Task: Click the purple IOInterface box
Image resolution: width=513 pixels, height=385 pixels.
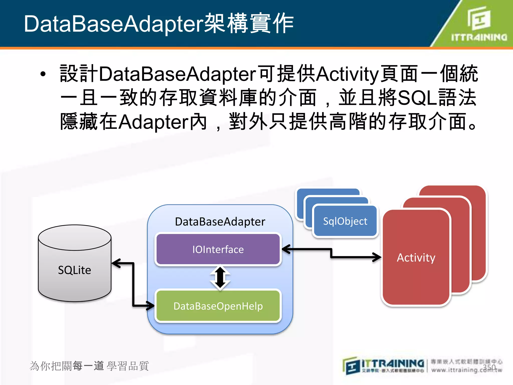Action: tap(218, 249)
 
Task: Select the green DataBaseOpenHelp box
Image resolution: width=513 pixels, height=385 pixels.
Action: tap(218, 306)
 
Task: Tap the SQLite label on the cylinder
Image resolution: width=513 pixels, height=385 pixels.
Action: tap(74, 270)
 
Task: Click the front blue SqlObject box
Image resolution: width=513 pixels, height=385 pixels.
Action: tap(345, 221)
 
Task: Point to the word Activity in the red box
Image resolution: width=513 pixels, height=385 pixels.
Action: tap(416, 257)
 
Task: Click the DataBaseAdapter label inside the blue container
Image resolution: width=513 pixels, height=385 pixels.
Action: tap(220, 222)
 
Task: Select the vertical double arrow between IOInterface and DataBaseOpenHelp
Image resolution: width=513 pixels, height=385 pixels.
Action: tap(220, 277)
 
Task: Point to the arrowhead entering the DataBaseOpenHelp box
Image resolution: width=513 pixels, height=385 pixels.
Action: tap(150, 306)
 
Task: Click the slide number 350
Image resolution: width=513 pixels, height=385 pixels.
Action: tap(489, 367)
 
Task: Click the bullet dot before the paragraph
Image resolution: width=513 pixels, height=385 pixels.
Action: tap(43, 74)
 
